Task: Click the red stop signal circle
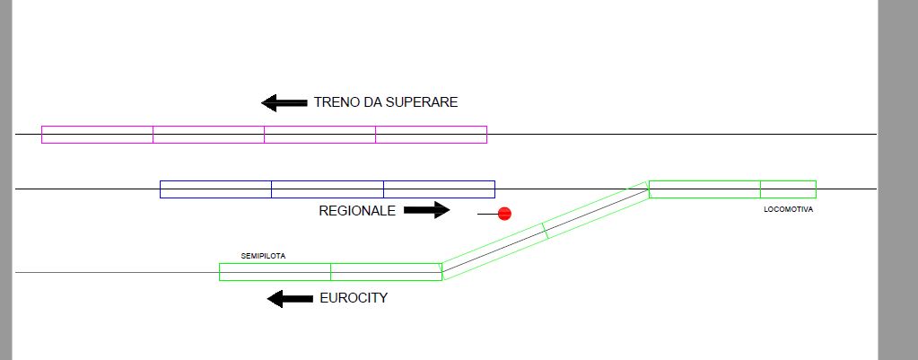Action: pos(504,214)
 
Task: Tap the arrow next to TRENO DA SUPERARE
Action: pos(284,102)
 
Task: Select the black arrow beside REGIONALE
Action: pos(426,210)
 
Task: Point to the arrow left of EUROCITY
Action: pos(290,298)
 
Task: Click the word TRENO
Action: pos(335,102)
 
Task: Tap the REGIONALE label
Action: pos(357,211)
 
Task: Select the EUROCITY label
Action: pos(354,298)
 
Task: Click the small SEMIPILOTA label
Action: pos(263,256)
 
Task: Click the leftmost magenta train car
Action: pos(97,135)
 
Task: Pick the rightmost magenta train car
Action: pos(431,135)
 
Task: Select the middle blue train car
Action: pos(327,189)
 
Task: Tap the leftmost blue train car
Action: pos(215,189)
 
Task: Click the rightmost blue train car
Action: pos(439,189)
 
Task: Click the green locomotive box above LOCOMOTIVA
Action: pos(788,189)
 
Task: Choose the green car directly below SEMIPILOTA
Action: pos(275,271)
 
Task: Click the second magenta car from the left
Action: pos(208,135)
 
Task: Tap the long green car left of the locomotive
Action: pos(704,189)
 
